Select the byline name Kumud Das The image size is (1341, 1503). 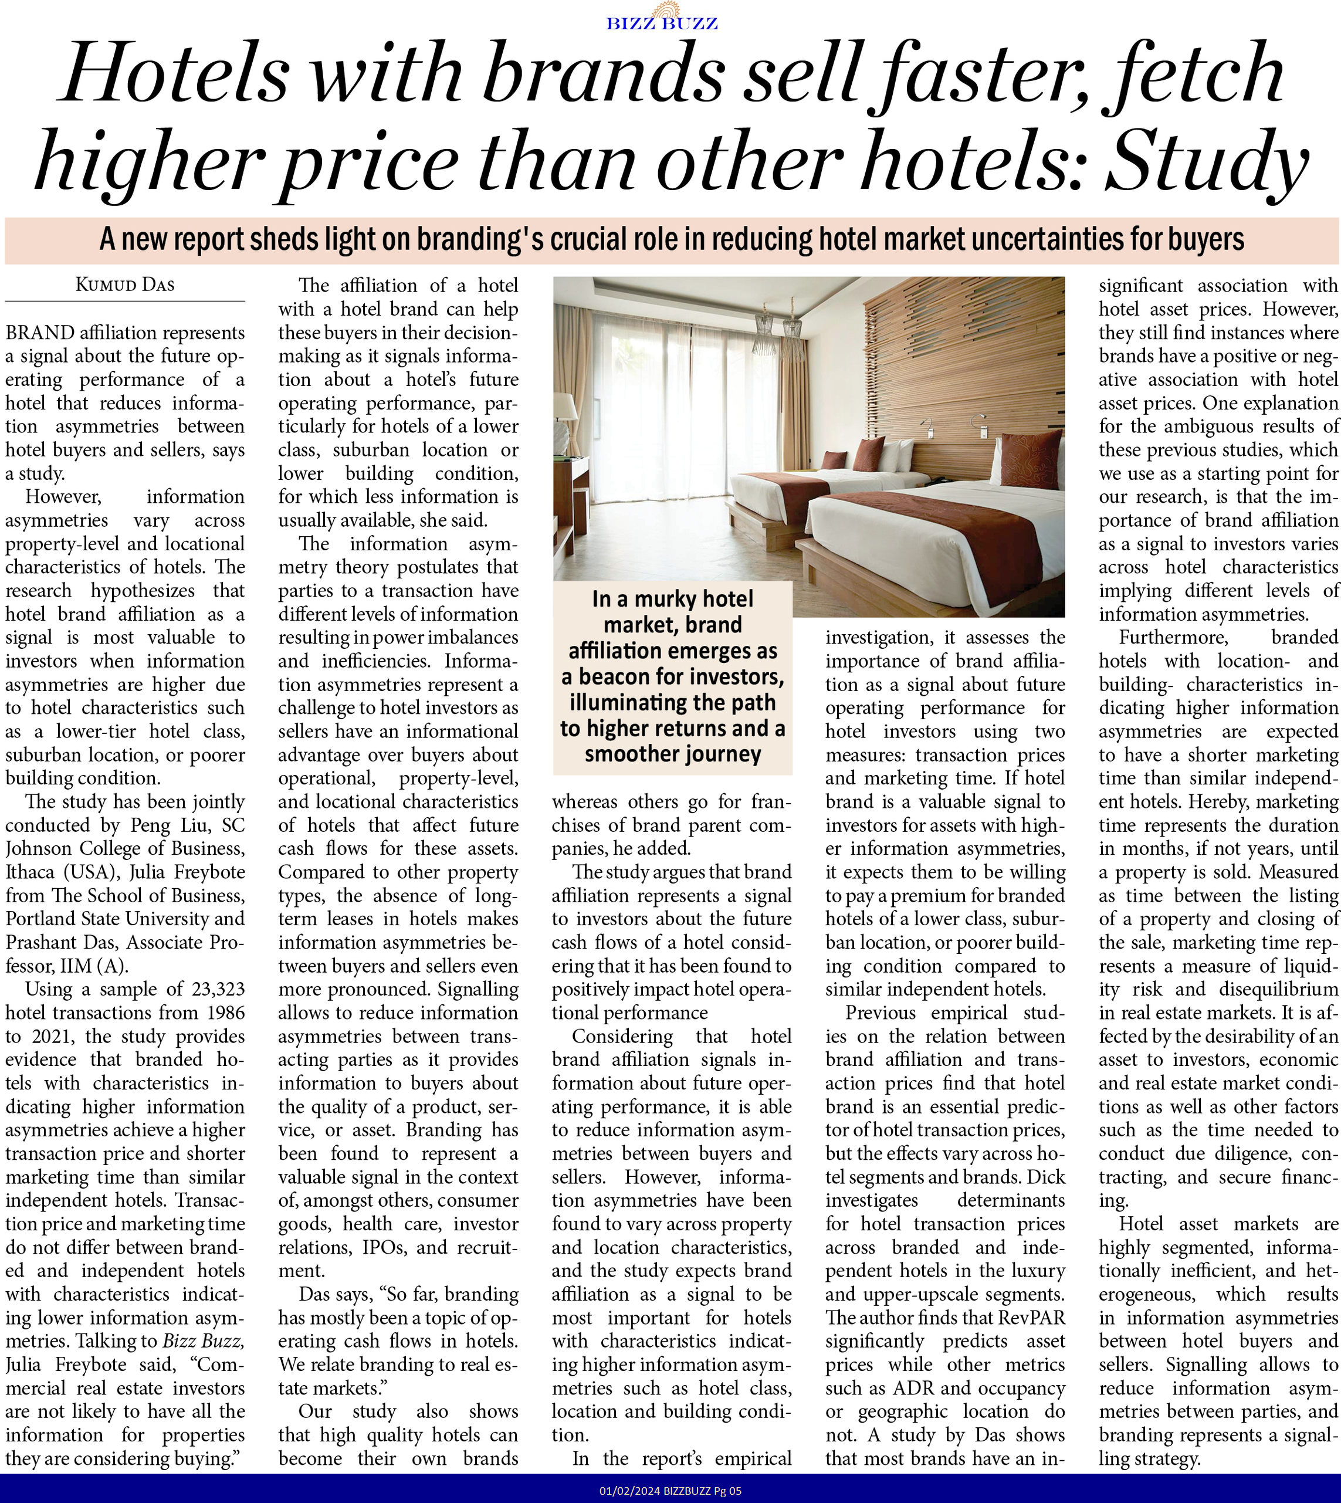click(x=126, y=285)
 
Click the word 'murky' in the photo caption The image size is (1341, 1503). click(x=663, y=599)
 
